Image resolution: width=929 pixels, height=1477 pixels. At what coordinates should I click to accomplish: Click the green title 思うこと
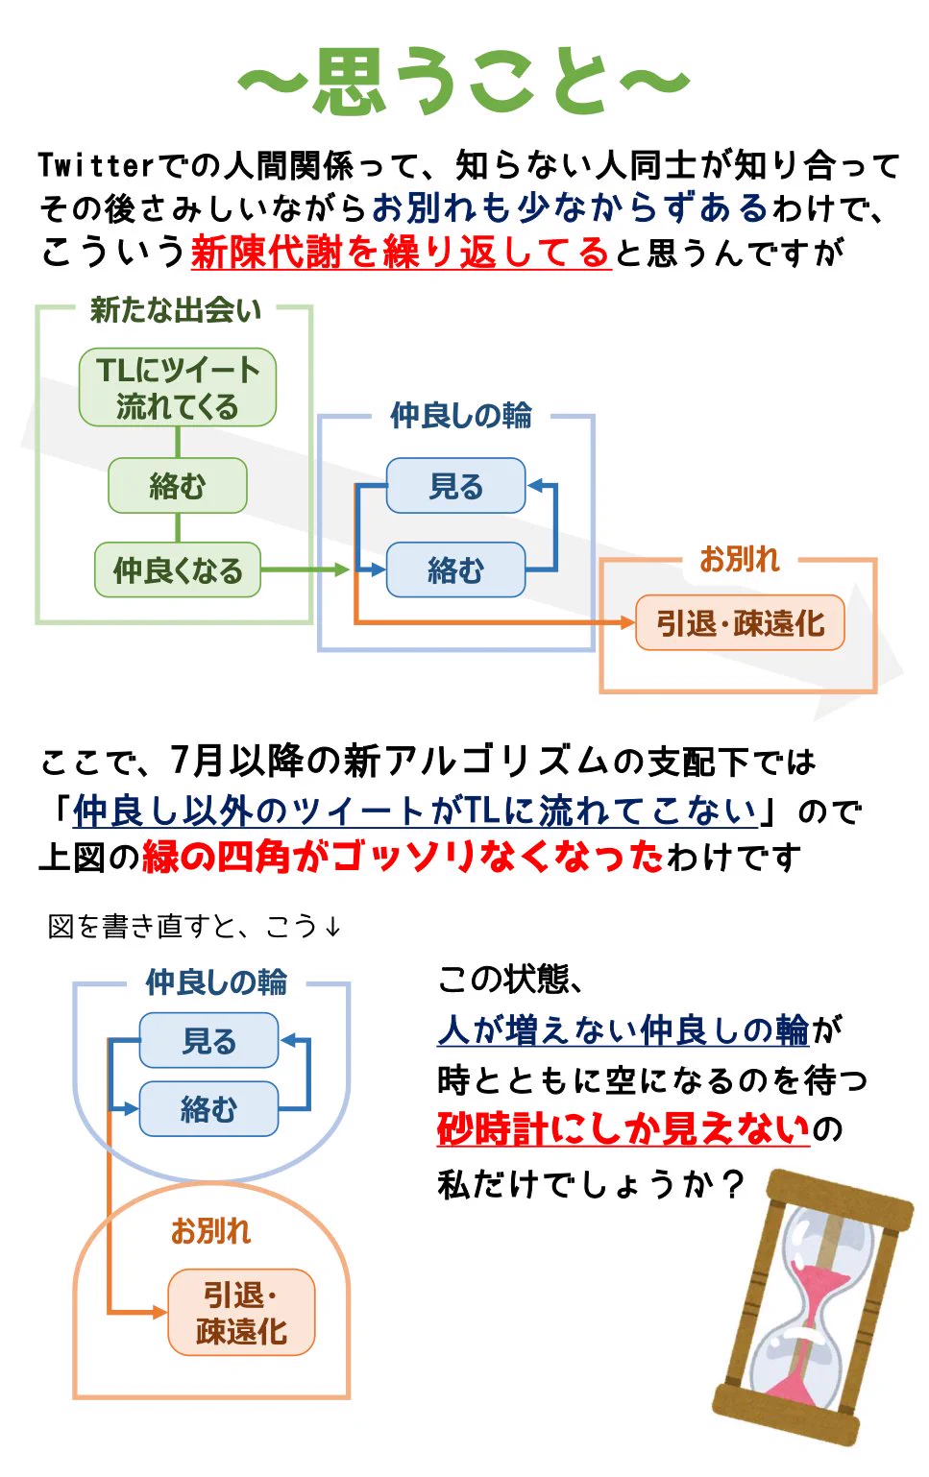[x=464, y=82]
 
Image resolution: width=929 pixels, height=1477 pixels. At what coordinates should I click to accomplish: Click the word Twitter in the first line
[x=95, y=165]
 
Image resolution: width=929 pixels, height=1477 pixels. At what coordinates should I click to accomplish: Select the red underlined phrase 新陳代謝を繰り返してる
[x=401, y=253]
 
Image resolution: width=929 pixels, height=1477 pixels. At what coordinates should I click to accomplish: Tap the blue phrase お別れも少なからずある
[x=570, y=207]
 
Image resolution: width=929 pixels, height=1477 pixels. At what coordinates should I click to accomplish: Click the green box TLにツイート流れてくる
[x=178, y=388]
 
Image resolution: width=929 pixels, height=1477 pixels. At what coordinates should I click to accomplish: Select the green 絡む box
[x=178, y=486]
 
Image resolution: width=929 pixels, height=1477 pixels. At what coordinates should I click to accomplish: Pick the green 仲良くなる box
[x=178, y=570]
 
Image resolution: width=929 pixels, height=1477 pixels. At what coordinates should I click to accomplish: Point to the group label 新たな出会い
[x=175, y=309]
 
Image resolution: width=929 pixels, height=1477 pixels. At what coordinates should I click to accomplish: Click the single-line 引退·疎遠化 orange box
[x=740, y=623]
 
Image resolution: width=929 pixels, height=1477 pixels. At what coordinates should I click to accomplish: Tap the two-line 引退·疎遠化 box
[x=241, y=1313]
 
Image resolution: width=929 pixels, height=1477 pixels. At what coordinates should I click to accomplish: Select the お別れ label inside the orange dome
[x=210, y=1230]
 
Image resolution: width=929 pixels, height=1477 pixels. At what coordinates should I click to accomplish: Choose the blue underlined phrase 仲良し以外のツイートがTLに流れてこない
[x=415, y=811]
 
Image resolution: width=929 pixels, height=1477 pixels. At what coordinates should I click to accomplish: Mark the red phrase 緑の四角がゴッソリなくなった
[x=403, y=856]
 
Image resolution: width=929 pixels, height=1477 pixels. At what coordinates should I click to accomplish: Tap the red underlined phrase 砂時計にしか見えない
[x=623, y=1129]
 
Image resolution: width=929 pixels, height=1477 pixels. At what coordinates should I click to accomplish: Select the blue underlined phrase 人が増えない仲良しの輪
[x=623, y=1029]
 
